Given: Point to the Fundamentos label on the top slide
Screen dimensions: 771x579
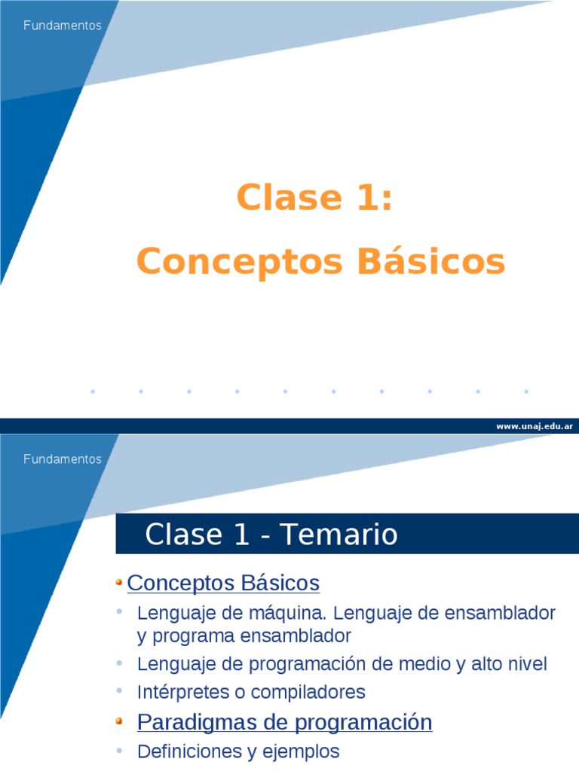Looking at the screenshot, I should click(x=63, y=26).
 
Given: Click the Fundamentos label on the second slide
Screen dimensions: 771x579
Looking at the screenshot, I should click(x=63, y=459).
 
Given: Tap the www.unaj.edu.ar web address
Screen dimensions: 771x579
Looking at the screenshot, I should click(x=535, y=426).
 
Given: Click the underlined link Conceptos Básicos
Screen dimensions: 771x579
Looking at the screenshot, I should click(x=223, y=583).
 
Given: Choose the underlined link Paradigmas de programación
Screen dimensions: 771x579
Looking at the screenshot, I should click(x=284, y=723).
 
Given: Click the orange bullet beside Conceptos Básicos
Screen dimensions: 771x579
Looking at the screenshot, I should click(x=120, y=582).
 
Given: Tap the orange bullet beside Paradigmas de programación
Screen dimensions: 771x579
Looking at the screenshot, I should click(x=120, y=722).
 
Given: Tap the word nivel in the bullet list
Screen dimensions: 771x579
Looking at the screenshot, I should click(x=525, y=664).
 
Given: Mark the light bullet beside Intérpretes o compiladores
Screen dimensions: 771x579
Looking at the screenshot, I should click(x=120, y=690).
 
